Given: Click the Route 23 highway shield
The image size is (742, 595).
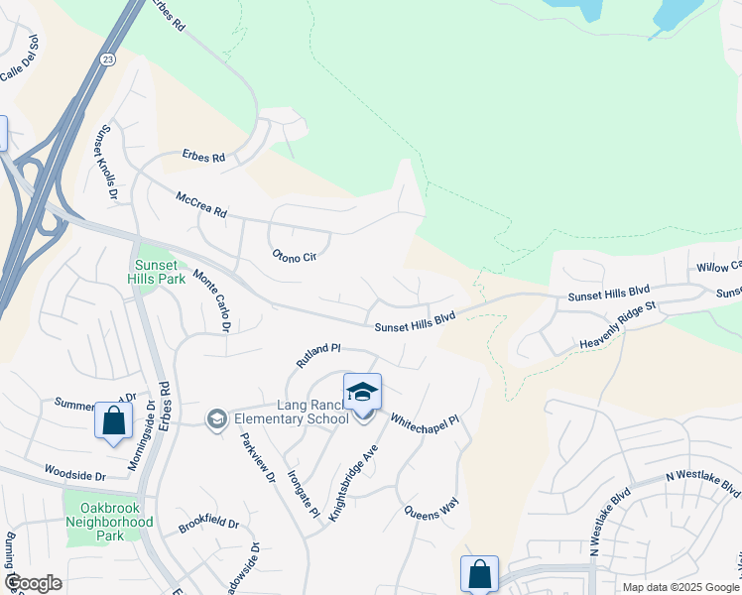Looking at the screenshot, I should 107,59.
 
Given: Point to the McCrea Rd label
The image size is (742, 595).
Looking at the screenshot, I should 201,206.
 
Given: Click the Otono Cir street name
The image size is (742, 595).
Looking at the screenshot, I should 295,256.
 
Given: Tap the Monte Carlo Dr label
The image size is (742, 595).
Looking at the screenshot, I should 213,300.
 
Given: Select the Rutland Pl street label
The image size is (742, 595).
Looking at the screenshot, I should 318,356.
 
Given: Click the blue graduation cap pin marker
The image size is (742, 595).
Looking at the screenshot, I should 362,393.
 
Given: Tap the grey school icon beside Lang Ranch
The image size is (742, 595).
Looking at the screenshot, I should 215,419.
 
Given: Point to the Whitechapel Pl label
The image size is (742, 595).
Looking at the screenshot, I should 424,421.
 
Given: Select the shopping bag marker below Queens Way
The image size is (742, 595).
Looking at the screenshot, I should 479,573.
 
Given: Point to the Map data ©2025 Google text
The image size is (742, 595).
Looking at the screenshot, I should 680,587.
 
